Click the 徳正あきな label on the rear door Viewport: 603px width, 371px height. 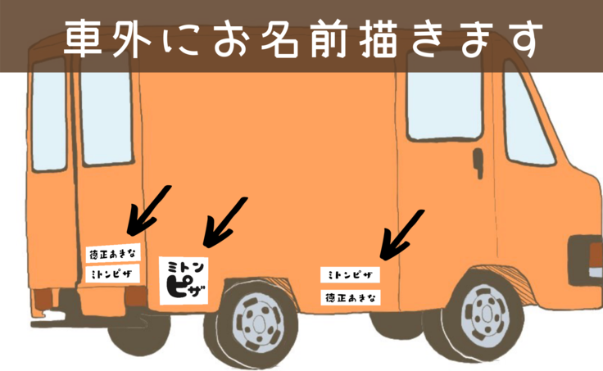tap(112, 254)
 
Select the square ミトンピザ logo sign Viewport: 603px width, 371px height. tap(185, 279)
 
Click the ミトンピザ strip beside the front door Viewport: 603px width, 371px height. tap(350, 274)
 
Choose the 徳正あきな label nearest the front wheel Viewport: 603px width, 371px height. tap(350, 296)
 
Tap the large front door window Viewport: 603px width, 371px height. tap(444, 111)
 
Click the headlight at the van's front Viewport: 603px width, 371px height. tap(588, 249)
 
